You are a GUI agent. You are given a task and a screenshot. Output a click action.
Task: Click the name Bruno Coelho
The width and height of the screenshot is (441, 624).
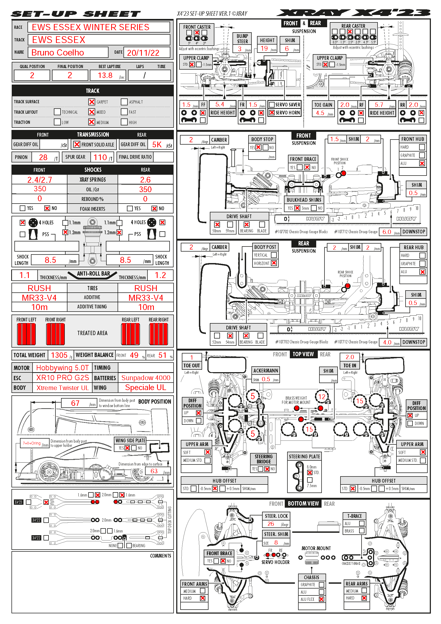(58, 53)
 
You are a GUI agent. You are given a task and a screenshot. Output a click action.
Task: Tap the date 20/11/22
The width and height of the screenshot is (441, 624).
(143, 53)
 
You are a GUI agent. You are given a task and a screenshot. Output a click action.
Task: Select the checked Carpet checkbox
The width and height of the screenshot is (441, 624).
(92, 102)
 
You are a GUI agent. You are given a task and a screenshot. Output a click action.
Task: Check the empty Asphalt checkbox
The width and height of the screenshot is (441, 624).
(124, 102)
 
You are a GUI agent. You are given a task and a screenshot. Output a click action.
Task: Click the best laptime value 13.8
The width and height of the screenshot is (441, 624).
(105, 75)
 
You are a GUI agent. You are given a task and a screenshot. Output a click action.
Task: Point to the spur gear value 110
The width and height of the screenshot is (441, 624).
(100, 157)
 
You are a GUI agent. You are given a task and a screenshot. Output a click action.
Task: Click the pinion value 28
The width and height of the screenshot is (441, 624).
(43, 157)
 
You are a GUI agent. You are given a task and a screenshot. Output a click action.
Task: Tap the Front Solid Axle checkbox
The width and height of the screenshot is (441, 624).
(77, 144)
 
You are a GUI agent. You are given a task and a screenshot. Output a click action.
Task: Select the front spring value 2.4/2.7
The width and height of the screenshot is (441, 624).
(40, 180)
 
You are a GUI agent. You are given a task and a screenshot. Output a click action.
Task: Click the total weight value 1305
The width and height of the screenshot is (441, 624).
(59, 355)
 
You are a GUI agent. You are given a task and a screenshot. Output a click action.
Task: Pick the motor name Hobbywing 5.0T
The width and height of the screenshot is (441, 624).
(62, 368)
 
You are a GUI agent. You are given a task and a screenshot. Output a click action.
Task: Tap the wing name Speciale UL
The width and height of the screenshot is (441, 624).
(146, 388)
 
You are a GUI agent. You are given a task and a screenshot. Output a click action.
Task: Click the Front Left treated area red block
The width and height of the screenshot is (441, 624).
(26, 334)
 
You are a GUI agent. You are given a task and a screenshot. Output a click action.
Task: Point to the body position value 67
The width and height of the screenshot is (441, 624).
(75, 403)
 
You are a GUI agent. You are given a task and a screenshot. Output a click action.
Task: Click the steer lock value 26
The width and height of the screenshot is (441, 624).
(271, 524)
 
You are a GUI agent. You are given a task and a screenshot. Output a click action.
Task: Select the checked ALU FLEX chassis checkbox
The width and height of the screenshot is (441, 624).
(322, 599)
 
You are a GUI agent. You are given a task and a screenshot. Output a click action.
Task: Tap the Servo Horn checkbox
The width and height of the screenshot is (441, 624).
(271, 113)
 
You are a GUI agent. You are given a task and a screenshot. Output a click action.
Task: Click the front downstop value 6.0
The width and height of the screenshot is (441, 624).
(387, 232)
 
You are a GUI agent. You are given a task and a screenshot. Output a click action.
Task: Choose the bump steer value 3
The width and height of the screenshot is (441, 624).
(240, 49)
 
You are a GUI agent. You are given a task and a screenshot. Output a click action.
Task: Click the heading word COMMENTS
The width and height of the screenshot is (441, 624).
(161, 556)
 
